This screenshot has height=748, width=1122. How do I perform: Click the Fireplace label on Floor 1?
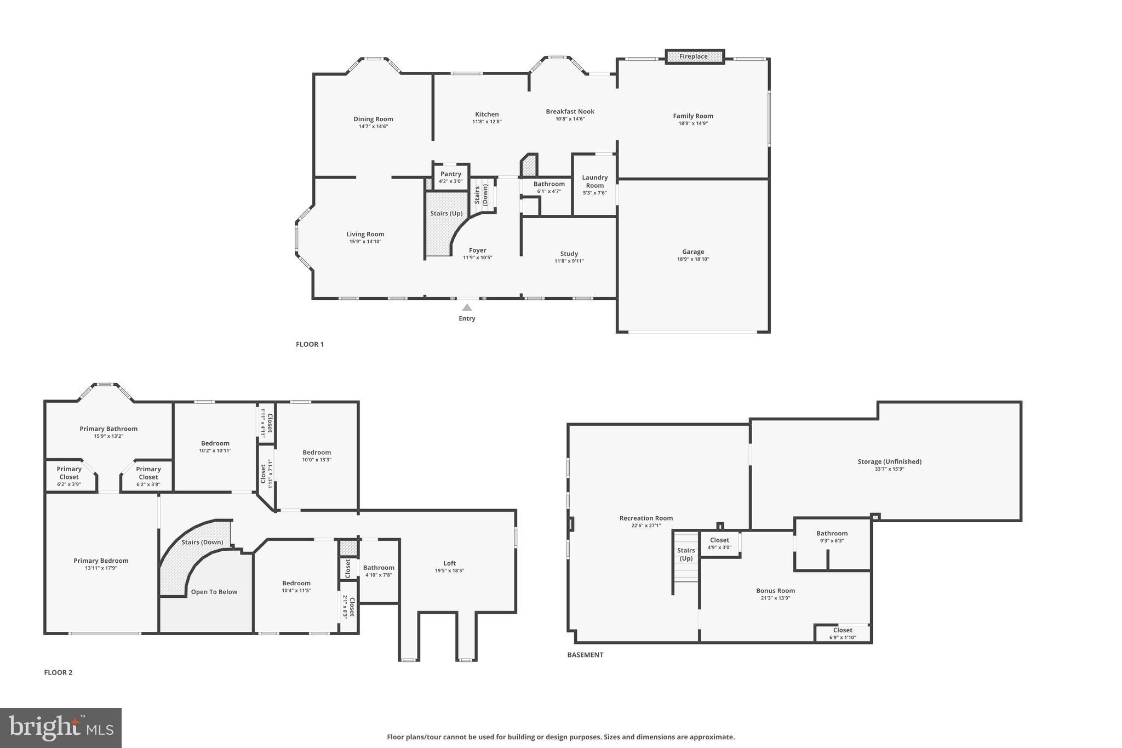click(x=693, y=56)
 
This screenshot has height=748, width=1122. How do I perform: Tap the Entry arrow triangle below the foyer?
click(x=467, y=307)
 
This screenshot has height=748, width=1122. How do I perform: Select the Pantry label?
click(x=451, y=174)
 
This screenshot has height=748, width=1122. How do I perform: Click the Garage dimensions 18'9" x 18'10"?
click(x=693, y=259)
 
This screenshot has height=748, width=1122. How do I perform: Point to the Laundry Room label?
click(x=595, y=181)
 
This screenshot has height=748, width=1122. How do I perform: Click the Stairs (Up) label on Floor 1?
click(x=446, y=213)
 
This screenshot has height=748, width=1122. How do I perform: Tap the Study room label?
click(x=569, y=254)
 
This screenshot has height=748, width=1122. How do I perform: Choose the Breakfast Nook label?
click(x=570, y=111)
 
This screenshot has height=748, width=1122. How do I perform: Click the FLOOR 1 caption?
click(x=310, y=344)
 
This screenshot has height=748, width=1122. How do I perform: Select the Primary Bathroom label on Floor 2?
click(x=108, y=429)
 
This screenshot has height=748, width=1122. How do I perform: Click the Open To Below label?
click(x=214, y=592)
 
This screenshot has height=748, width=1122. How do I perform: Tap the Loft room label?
click(x=449, y=563)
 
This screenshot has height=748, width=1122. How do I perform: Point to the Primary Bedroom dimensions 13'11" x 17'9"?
click(x=101, y=568)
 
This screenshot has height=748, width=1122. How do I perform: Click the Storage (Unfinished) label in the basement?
click(x=889, y=461)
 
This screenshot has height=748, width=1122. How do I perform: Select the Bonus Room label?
click(x=775, y=591)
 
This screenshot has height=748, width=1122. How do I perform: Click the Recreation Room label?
click(x=646, y=518)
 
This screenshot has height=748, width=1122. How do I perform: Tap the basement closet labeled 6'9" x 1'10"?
click(x=843, y=633)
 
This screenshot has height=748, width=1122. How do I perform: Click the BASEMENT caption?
click(x=585, y=655)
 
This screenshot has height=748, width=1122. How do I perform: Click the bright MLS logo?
click(x=61, y=728)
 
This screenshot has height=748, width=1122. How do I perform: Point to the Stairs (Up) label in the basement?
click(x=686, y=554)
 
